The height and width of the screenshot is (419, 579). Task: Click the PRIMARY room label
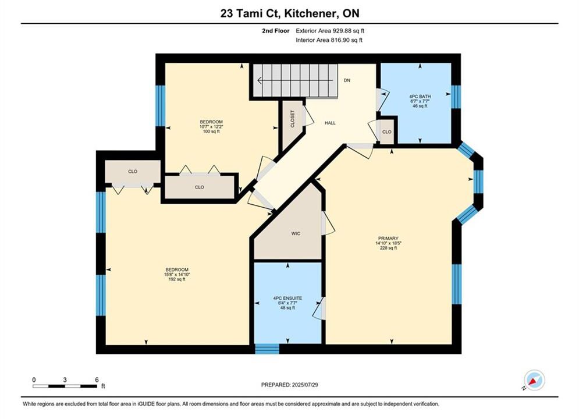[x=388, y=239]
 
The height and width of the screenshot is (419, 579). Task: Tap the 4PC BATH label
[x=420, y=97]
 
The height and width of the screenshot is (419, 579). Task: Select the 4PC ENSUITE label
[x=287, y=299]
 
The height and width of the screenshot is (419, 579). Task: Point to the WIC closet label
[x=296, y=234]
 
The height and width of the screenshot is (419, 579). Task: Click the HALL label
[x=330, y=123]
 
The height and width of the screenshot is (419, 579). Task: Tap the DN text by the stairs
[x=347, y=80]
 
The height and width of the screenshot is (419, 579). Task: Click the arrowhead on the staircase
[x=260, y=80]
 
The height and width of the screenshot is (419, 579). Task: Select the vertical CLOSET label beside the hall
[x=293, y=119]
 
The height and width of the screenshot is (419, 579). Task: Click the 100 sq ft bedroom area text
[x=211, y=132]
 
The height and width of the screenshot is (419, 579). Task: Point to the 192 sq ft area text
[x=177, y=279]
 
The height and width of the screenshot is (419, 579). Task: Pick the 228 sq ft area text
[x=388, y=248]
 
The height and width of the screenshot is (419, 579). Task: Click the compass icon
[x=534, y=380]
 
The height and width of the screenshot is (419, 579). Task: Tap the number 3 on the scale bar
[x=65, y=380]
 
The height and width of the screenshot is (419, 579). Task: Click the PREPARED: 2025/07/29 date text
[x=290, y=385]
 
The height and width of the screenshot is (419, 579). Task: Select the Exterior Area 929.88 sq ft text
[x=330, y=31]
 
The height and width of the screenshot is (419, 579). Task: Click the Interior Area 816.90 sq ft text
[x=329, y=40]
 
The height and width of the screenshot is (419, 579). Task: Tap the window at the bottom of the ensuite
[x=267, y=349]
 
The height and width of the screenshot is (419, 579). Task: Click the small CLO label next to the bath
[x=386, y=132]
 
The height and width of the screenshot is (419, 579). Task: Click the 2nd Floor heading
[x=276, y=31]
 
